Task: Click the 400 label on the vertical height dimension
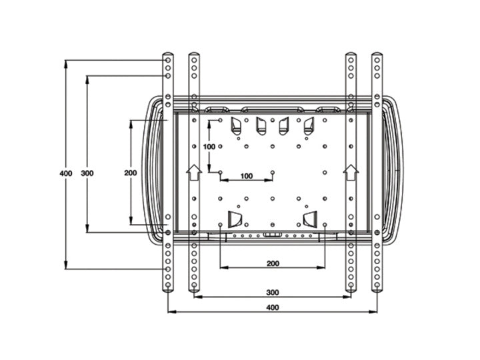(65, 173)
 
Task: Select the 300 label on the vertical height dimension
(87, 173)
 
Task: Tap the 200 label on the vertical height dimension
(131, 173)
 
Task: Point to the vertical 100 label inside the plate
(209, 146)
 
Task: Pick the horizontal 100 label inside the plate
(247, 176)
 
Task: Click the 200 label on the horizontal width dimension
(272, 263)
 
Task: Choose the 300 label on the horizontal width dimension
(272, 293)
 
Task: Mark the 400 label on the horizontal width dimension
(272, 307)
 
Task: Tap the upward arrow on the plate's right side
(350, 173)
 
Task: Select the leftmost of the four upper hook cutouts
(235, 125)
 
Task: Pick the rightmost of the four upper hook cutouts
(309, 125)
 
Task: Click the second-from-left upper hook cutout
(260, 125)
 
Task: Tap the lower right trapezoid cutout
(311, 220)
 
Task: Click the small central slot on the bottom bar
(272, 235)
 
